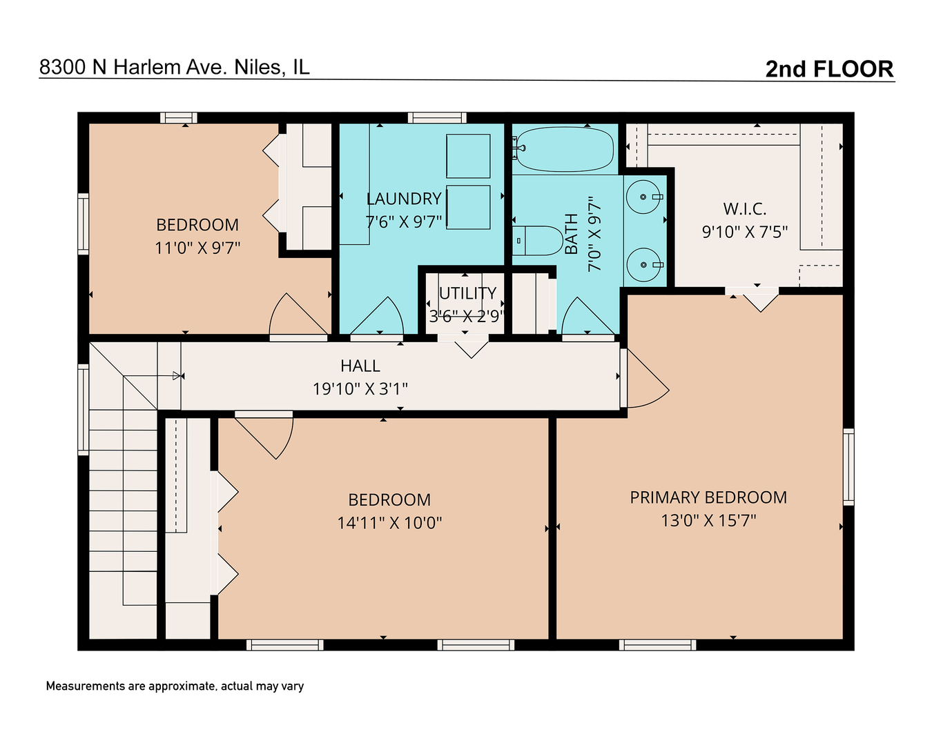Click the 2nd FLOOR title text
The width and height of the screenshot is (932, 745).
point(829,69)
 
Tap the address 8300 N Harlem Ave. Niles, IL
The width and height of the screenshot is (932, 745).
point(174,67)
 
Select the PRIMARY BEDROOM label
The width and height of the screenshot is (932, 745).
point(708,497)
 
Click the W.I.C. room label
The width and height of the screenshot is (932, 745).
point(745,209)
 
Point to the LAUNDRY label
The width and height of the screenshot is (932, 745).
point(404,199)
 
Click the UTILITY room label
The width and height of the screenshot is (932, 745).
point(467,293)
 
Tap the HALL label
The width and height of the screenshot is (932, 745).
point(360,366)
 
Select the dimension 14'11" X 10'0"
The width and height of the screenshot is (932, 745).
point(389,523)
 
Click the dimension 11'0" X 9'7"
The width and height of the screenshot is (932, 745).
point(197,248)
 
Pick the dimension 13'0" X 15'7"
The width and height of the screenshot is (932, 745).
point(708,521)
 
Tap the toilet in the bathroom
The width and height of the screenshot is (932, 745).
point(539,241)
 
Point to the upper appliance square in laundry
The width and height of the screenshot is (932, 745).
point(468,156)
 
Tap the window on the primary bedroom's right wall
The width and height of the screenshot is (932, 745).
point(848,466)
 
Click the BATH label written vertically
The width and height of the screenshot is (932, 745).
point(571,234)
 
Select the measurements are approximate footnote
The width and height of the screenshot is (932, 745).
point(175,686)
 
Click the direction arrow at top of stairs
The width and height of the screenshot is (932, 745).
point(177,376)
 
